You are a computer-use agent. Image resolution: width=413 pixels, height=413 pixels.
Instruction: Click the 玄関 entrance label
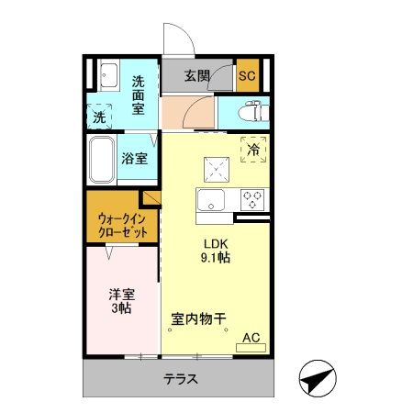click(198, 75)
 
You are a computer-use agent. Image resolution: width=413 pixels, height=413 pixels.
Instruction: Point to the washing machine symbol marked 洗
click(99, 117)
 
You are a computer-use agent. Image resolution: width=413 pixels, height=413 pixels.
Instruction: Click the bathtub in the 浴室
click(102, 158)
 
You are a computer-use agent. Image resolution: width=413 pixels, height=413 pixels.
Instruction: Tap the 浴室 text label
click(135, 158)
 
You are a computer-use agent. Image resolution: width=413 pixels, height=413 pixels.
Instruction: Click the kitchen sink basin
click(213, 202)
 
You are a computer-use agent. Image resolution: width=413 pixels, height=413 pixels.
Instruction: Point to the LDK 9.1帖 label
click(217, 251)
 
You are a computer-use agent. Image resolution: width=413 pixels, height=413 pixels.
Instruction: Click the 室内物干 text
click(200, 319)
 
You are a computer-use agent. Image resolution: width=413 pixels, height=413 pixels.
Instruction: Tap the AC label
click(251, 339)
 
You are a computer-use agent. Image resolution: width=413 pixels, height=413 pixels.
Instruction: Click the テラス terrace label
click(182, 379)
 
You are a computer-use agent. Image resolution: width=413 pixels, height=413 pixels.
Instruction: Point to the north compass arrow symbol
click(317, 377)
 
